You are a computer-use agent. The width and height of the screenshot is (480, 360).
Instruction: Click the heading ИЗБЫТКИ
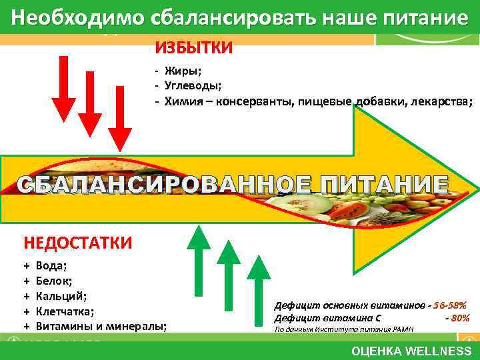point(194,48)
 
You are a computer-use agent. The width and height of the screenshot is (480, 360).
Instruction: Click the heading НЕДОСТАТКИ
point(77,242)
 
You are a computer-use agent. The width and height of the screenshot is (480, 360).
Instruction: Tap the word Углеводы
point(192,86)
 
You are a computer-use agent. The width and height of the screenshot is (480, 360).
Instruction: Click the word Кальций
point(61,296)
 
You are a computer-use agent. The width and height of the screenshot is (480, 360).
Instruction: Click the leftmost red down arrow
point(64,87)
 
